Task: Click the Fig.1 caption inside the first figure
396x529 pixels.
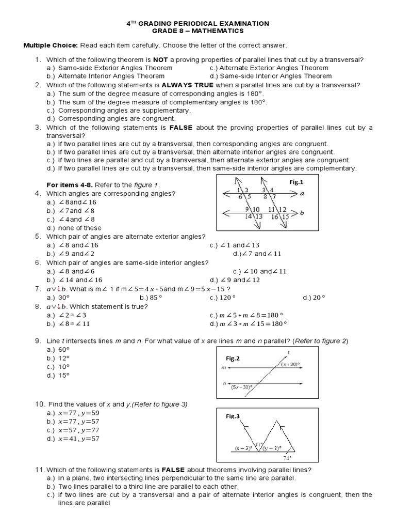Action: point(295,182)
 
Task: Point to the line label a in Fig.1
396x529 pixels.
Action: point(302,194)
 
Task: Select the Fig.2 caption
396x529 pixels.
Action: point(233,358)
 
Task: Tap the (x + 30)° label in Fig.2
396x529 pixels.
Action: point(291,364)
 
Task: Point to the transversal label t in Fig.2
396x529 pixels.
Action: point(287,353)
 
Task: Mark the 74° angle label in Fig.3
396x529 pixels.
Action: point(287,458)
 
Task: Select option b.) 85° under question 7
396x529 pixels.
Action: point(151,298)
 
